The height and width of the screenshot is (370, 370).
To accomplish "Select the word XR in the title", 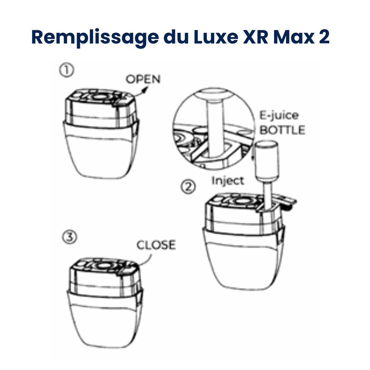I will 256,37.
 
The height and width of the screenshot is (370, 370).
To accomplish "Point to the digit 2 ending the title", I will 324,37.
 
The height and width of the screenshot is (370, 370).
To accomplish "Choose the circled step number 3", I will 70,238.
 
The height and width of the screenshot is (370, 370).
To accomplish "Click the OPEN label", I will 143,79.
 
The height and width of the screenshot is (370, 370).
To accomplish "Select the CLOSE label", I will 156,245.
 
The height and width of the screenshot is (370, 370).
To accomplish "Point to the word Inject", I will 227,181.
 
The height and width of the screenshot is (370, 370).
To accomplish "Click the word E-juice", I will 279,115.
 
